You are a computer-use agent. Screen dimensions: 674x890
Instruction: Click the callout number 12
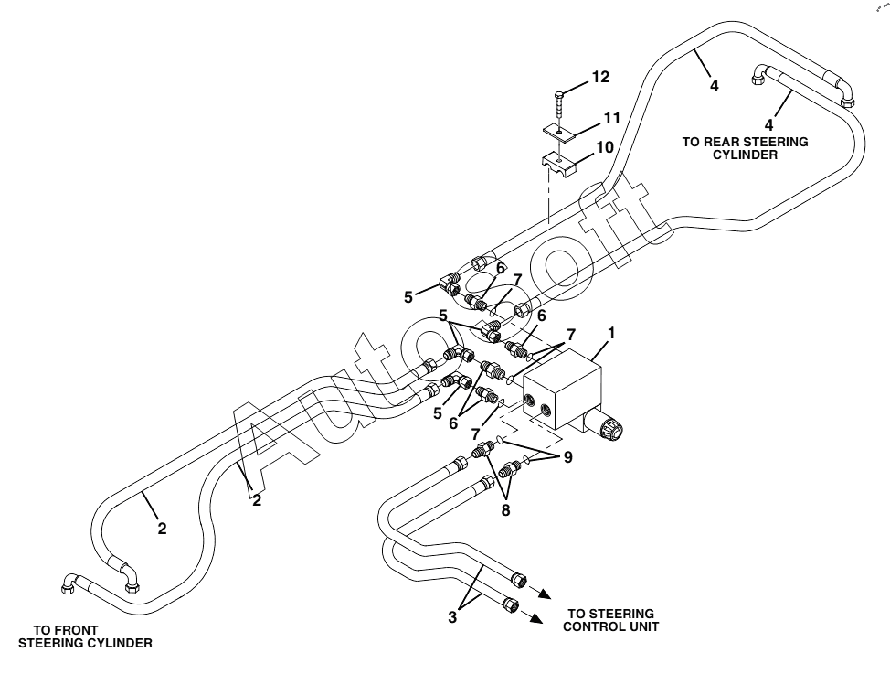[599, 78]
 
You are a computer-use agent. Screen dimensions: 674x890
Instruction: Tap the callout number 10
[604, 146]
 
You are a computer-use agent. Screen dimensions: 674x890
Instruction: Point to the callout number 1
[611, 334]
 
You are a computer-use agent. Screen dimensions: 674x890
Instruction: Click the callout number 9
[568, 457]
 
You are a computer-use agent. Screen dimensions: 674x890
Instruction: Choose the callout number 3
[451, 617]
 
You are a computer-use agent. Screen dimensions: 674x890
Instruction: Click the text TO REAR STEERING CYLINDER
[745, 148]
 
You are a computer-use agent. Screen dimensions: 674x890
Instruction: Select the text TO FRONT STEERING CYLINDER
[85, 637]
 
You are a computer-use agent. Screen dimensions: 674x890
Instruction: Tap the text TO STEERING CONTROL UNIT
[611, 620]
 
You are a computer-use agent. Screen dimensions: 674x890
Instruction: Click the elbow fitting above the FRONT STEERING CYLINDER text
[71, 582]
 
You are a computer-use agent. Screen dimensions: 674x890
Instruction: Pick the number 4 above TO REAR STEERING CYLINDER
[770, 124]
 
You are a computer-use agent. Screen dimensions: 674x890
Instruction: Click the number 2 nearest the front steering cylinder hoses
[161, 528]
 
